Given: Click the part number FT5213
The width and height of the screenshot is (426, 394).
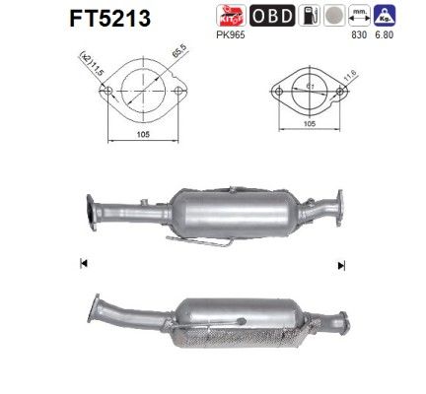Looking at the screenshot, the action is [110, 19].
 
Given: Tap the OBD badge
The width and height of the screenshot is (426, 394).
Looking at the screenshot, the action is [272, 16].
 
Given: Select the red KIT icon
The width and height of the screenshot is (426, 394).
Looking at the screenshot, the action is [231, 16].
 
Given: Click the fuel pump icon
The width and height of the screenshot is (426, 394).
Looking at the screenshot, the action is [309, 16].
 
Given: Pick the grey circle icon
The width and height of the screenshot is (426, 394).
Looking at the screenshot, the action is [334, 16].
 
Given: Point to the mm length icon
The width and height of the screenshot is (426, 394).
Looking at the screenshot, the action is [359, 16].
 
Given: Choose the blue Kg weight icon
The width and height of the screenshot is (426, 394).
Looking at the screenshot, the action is [385, 16].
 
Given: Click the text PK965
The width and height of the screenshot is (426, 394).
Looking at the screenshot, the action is [231, 34].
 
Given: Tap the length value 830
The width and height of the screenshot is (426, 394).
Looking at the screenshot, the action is [359, 34].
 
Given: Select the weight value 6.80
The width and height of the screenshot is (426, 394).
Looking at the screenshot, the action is [385, 34].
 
